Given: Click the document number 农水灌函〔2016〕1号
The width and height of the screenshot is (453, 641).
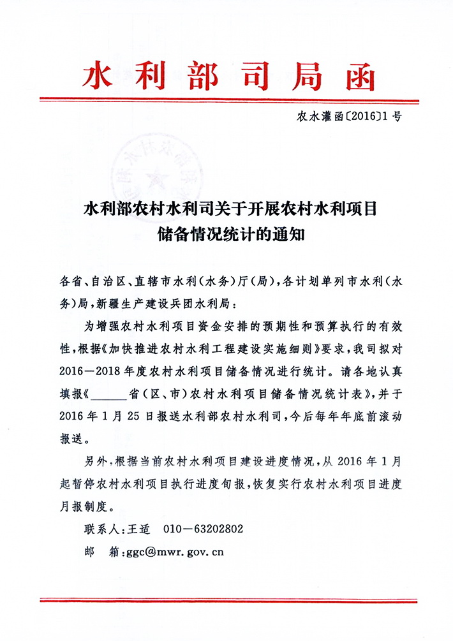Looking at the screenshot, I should point(348,117).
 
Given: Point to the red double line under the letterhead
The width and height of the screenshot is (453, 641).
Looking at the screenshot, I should point(226,99).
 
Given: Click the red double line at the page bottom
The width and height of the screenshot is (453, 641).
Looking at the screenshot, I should point(226,600).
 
